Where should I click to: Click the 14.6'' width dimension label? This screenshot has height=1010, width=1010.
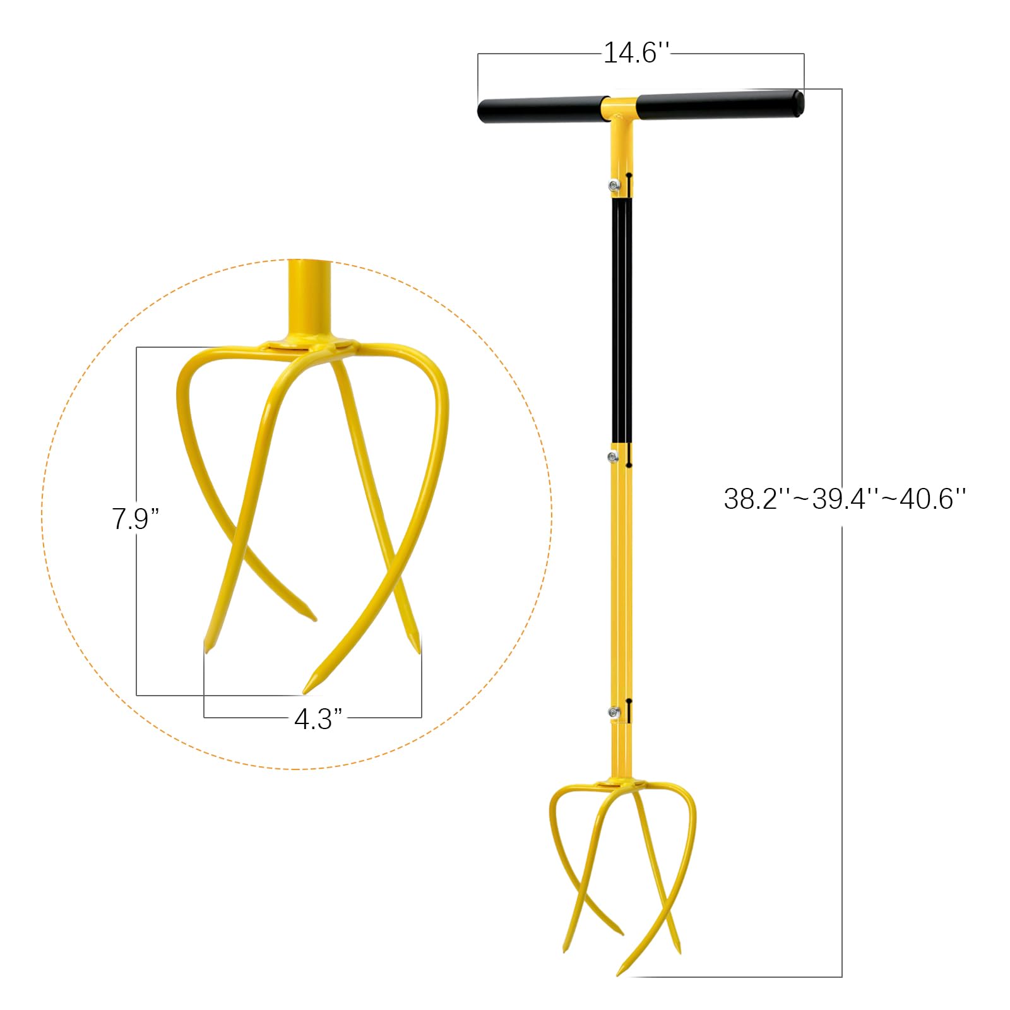[636, 52]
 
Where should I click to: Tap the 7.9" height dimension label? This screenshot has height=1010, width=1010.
[135, 519]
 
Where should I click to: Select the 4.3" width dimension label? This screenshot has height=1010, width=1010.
[318, 719]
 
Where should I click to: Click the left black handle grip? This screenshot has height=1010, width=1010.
[540, 110]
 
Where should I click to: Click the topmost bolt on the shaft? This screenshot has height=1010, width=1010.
[613, 184]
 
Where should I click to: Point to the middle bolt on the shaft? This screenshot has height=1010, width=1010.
[612, 456]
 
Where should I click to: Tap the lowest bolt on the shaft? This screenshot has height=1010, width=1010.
[612, 712]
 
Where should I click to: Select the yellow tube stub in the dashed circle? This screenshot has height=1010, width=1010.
[309, 300]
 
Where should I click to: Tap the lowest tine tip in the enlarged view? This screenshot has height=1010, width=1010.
[306, 691]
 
